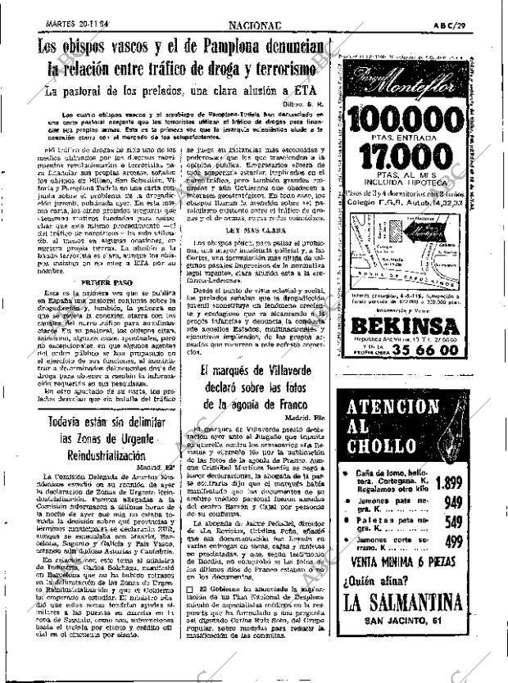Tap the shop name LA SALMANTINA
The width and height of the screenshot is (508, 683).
coord(411,626)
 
